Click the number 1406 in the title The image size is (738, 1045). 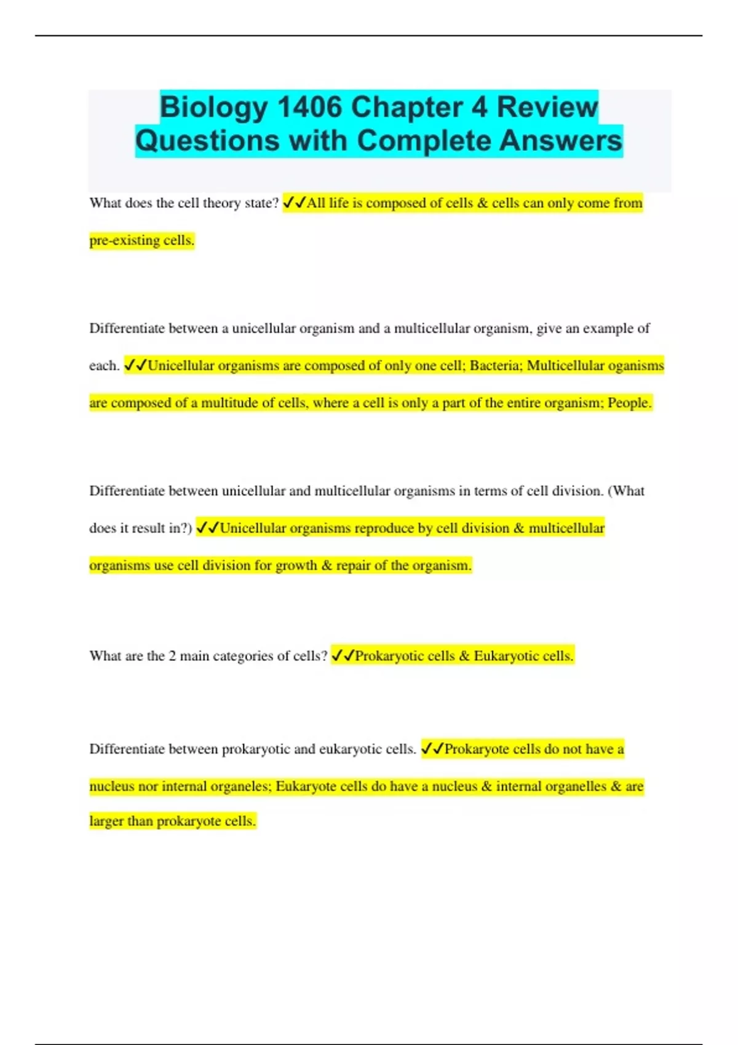[x=309, y=108]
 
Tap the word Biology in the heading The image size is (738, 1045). [x=213, y=108]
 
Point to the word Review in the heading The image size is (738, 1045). [x=547, y=108]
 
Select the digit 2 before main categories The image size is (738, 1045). [x=172, y=657]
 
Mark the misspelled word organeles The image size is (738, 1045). [x=240, y=787]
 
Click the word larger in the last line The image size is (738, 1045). [x=106, y=822]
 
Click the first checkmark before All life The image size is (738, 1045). [x=288, y=203]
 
